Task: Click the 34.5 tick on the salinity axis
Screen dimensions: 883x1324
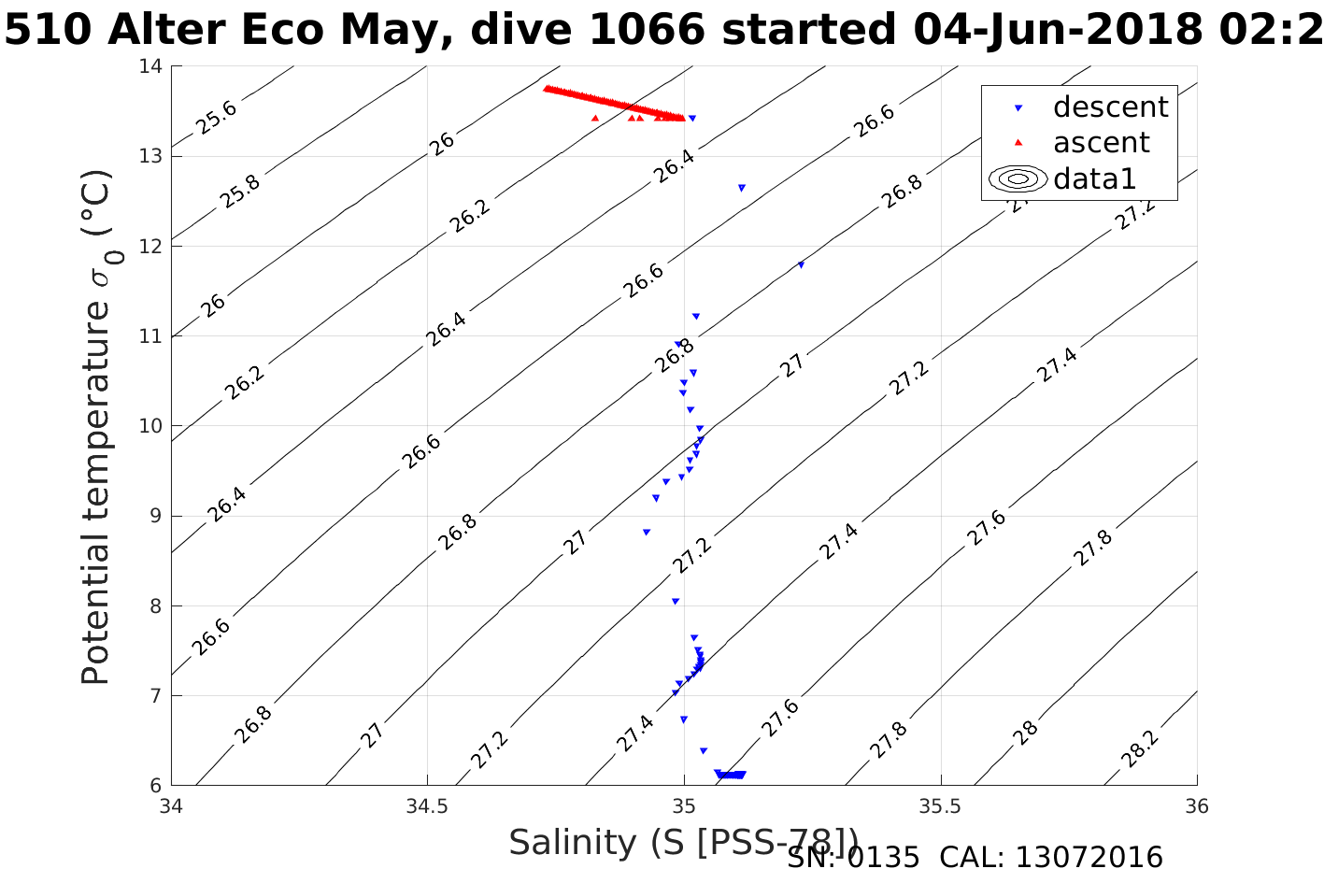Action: pyautogui.click(x=427, y=805)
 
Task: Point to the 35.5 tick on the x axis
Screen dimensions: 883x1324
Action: pyautogui.click(x=940, y=805)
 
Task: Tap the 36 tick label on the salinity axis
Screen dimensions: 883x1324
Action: pyautogui.click(x=1196, y=805)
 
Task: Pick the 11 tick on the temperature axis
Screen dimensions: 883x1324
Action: pyautogui.click(x=152, y=336)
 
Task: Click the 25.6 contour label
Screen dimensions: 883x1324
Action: pyautogui.click(x=217, y=118)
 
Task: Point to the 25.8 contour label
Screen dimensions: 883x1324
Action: pyautogui.click(x=241, y=192)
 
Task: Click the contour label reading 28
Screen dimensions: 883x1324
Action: pyautogui.click(x=1026, y=733)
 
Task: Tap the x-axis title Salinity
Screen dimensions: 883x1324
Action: pyautogui.click(x=683, y=842)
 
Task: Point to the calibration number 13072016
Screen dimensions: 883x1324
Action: pyautogui.click(x=1089, y=858)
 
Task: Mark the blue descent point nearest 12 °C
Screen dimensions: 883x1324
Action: pyautogui.click(x=801, y=265)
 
